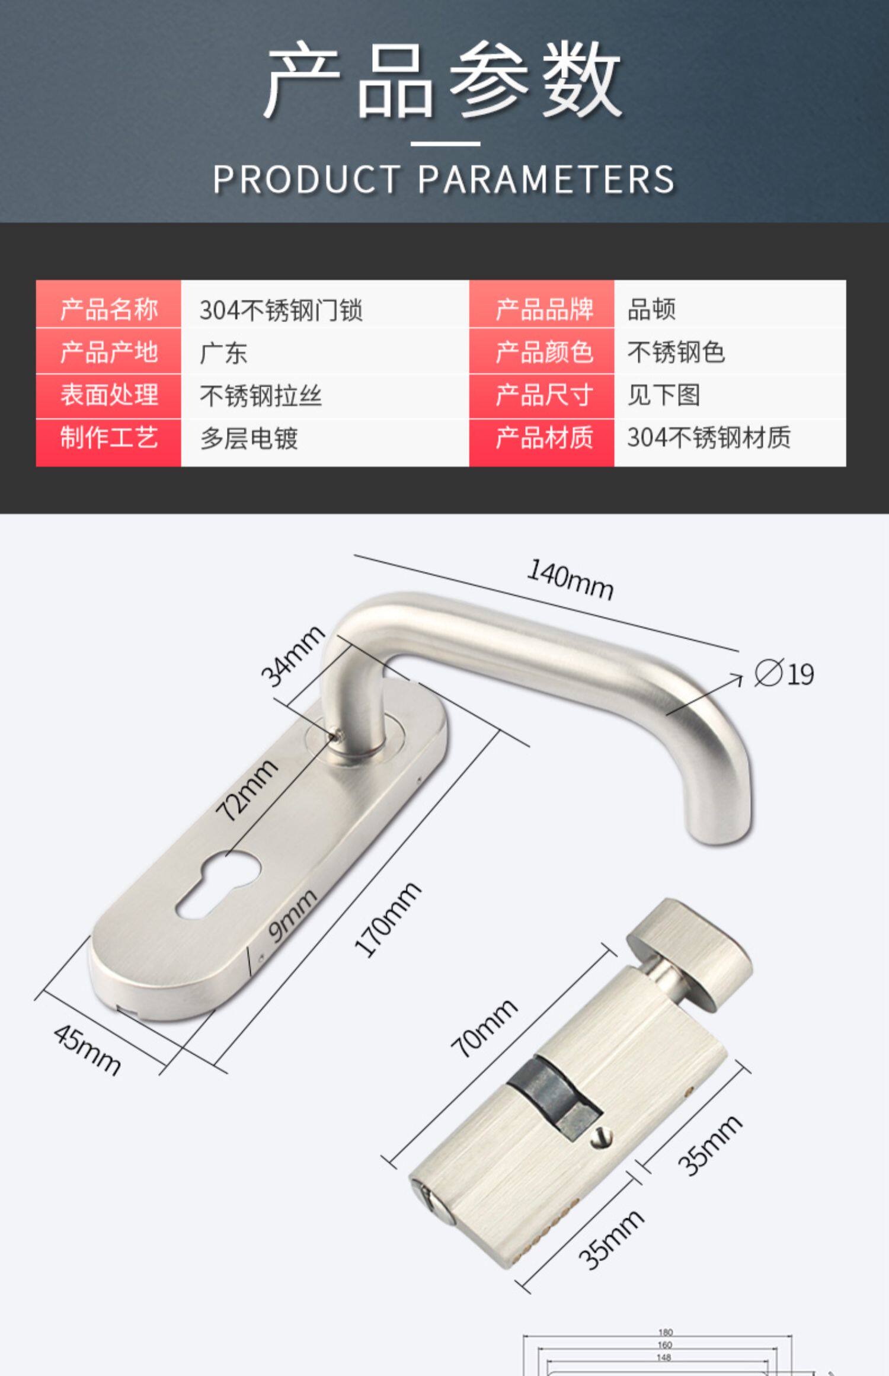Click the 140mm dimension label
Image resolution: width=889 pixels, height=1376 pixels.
pyautogui.click(x=570, y=580)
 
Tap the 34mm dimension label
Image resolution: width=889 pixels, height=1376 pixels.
pyautogui.click(x=293, y=656)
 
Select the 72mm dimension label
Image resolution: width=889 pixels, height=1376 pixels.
pyautogui.click(x=247, y=790)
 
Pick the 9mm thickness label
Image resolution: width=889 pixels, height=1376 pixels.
pyautogui.click(x=292, y=915)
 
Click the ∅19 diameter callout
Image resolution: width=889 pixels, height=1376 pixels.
pyautogui.click(x=784, y=674)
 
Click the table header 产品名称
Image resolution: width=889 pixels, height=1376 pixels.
pyautogui.click(x=109, y=309)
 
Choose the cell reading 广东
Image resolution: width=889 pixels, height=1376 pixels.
pyautogui.click(x=223, y=353)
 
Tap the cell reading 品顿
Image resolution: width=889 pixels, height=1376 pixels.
pyautogui.click(x=651, y=309)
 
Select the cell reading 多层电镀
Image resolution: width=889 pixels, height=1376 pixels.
pyautogui.click(x=249, y=439)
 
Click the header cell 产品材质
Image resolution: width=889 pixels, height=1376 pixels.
pyautogui.click(x=544, y=439)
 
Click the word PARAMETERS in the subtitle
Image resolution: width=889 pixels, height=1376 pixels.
pyautogui.click(x=546, y=179)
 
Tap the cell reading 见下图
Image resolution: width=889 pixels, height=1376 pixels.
pyautogui.click(x=664, y=395)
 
